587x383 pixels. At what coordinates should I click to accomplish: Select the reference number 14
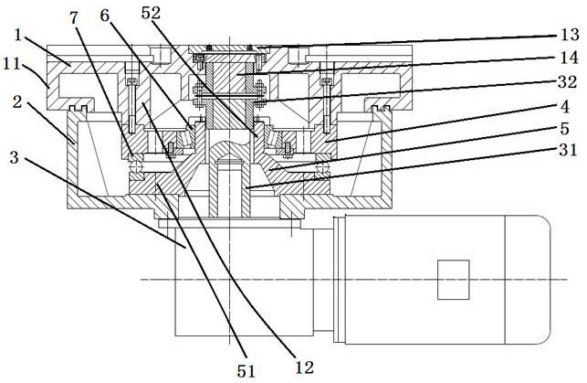click(x=569, y=63)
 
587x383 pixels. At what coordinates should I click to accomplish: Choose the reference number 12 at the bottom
click(x=305, y=367)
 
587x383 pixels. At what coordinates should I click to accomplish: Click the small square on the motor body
click(x=451, y=280)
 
